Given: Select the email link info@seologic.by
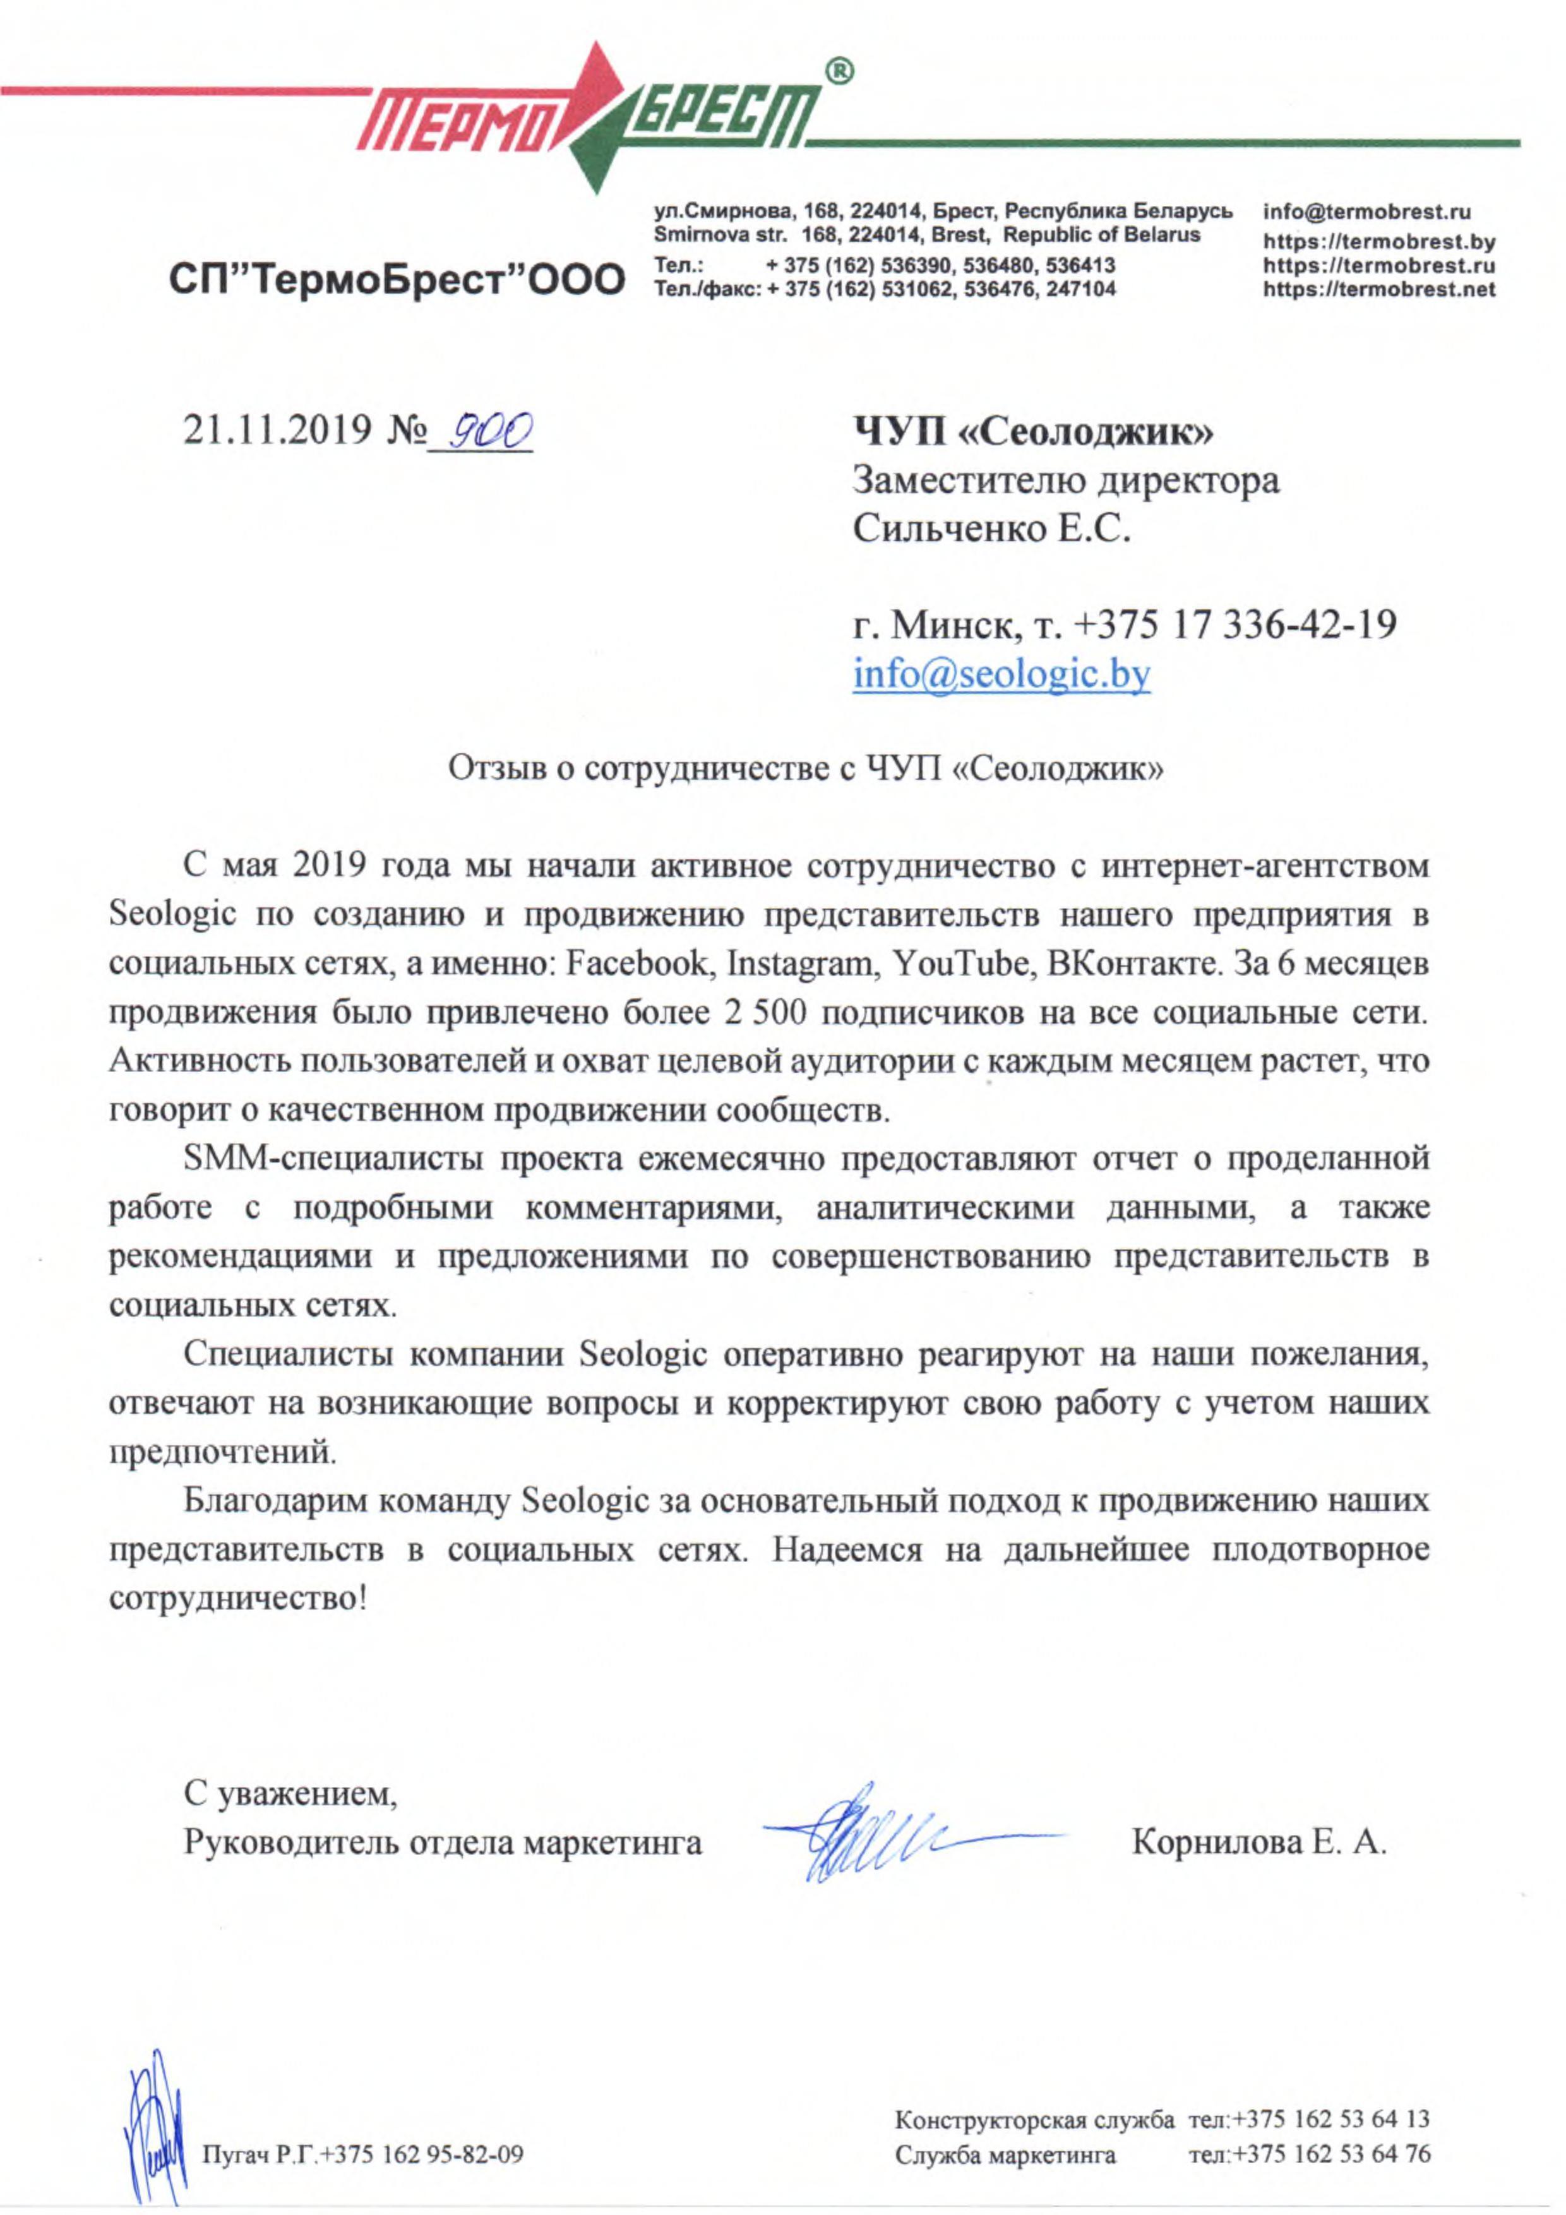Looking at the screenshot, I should coord(1001,674).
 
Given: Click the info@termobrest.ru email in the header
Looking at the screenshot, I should coord(1366,212).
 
